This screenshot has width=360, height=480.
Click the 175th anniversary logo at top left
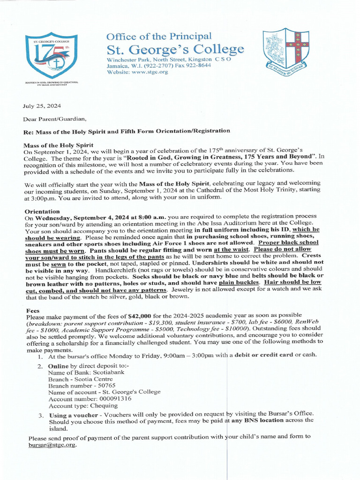(51, 54)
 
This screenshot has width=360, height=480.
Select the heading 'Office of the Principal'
(159, 37)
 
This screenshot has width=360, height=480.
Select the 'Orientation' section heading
(42, 211)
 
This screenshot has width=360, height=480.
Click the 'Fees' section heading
(33, 310)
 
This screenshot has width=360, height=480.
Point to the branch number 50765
(105, 385)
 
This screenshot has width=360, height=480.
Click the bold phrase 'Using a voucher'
(74, 415)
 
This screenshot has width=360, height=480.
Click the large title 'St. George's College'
(175, 50)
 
